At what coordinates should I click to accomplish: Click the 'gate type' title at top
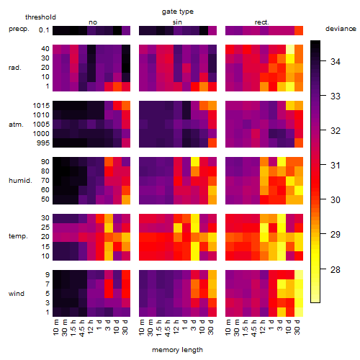point(178,12)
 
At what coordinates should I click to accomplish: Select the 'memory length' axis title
point(177,350)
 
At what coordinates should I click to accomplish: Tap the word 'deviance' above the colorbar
point(341,29)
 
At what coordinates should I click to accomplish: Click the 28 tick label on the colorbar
point(336,269)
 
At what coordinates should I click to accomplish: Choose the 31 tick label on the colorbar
point(336,166)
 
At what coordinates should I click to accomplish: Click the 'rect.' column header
point(262,22)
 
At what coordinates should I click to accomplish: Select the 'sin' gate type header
point(177,22)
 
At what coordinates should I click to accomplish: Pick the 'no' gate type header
point(93,22)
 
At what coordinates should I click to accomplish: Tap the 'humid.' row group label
point(20,181)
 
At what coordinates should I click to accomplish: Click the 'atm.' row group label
point(16,125)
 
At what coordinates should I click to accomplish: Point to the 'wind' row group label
point(17,294)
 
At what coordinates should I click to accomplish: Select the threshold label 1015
point(41,106)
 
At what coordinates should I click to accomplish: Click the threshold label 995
point(43,143)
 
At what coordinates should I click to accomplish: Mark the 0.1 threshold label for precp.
point(44,30)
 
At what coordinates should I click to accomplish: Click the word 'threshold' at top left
point(40,17)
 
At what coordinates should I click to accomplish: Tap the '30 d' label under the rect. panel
point(297,327)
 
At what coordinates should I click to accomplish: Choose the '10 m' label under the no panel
point(55,328)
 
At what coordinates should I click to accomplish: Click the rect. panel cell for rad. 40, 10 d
point(290,49)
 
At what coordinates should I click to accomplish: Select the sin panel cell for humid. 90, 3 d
point(195,162)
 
